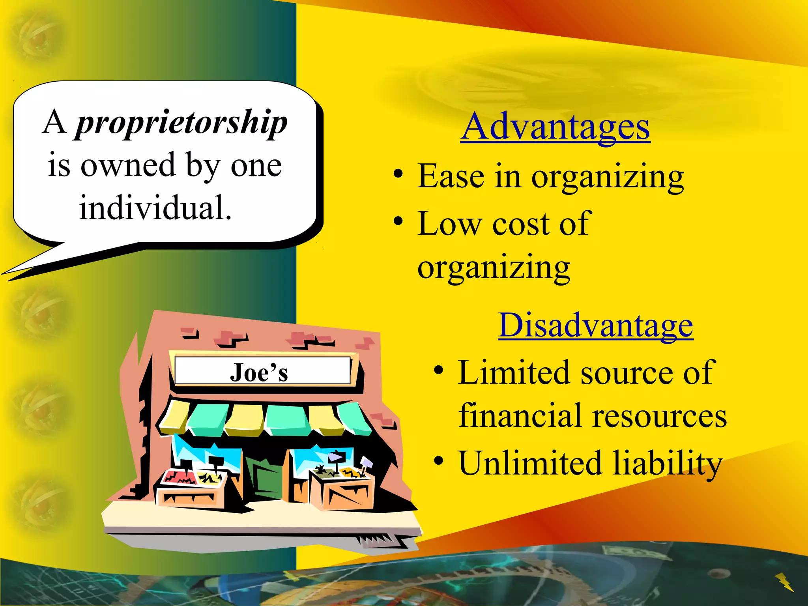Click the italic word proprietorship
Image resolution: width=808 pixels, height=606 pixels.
point(181,123)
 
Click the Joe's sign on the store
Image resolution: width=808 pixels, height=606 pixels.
point(259,372)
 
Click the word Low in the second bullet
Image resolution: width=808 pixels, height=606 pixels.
point(449,224)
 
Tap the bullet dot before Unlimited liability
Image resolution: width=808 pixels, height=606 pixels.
point(438,460)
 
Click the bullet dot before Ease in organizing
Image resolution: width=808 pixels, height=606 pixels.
point(398,174)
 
